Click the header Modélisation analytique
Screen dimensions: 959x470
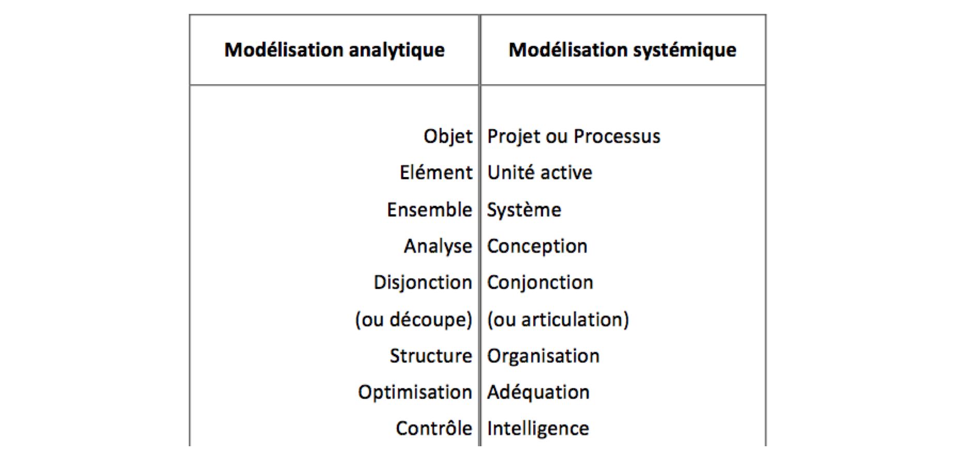(334, 50)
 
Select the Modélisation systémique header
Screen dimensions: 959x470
(623, 50)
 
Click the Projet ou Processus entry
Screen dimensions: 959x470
(574, 136)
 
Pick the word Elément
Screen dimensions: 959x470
(436, 173)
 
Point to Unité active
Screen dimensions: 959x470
(539, 173)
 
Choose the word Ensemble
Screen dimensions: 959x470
(429, 210)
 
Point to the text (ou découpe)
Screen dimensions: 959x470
(413, 320)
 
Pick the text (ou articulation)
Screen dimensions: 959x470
(558, 320)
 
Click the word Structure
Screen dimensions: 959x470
(431, 356)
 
